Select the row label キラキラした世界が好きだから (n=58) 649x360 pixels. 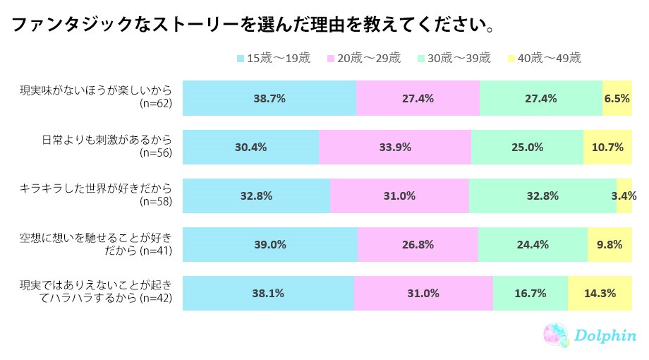click(x=96, y=196)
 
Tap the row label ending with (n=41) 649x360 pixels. click(x=95, y=244)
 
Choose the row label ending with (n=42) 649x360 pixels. click(x=95, y=294)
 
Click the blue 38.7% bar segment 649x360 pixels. click(x=269, y=98)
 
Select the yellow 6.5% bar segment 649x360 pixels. click(x=617, y=98)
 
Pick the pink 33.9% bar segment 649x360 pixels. click(x=395, y=147)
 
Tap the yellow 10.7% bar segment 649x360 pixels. click(x=607, y=147)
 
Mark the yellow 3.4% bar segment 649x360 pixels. click(x=624, y=196)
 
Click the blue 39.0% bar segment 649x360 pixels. click(x=270, y=245)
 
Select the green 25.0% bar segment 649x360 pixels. click(x=527, y=147)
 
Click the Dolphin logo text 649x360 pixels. click(x=604, y=336)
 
